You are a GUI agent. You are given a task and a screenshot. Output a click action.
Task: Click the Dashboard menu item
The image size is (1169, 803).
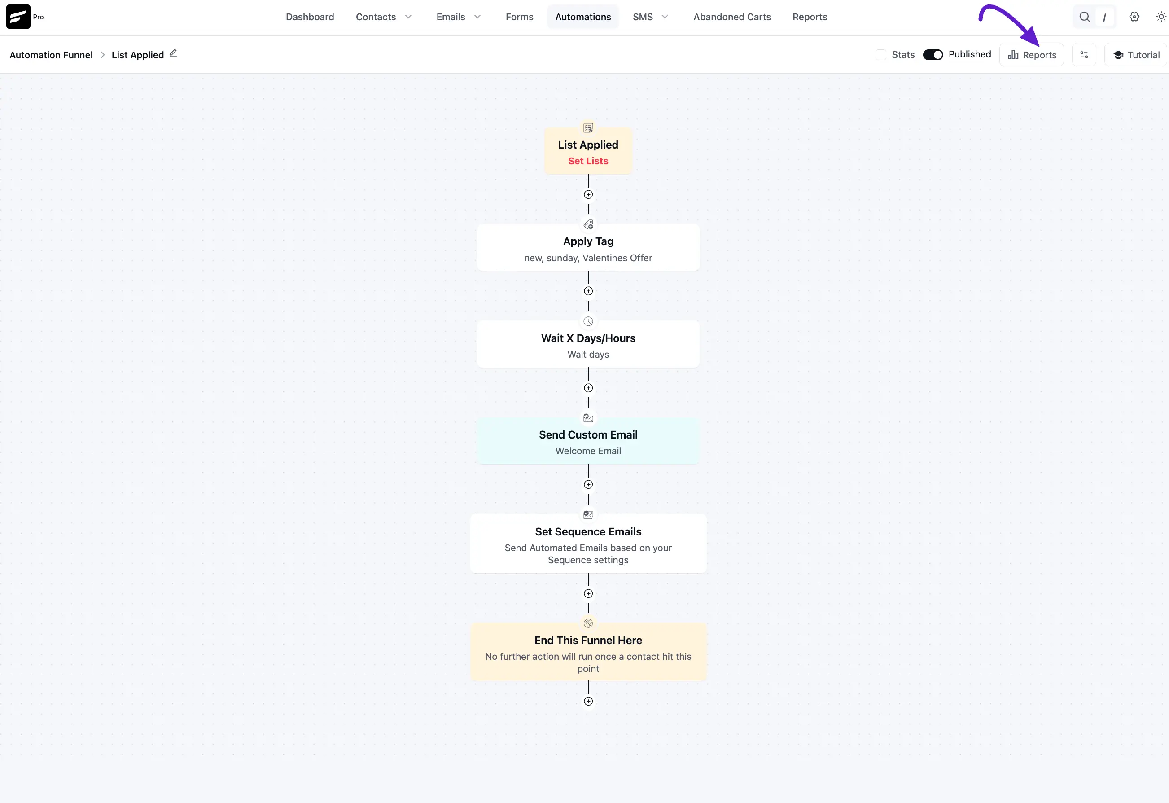point(310,17)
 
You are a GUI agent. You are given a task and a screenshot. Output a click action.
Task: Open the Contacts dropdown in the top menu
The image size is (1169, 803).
point(384,17)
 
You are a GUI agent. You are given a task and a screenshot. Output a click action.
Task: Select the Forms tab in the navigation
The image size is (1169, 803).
point(519,17)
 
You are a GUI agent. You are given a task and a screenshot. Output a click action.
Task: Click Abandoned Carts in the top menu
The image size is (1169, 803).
point(732,17)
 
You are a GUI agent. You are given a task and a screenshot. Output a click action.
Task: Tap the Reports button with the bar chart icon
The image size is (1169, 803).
point(1032,55)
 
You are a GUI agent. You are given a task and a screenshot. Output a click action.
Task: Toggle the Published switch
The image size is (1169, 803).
point(933,55)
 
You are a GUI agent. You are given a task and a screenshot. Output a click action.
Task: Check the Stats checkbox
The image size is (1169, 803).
point(880,55)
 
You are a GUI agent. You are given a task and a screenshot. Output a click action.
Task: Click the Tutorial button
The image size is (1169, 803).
point(1136,55)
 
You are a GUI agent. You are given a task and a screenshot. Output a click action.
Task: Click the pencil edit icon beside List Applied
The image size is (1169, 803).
point(174,53)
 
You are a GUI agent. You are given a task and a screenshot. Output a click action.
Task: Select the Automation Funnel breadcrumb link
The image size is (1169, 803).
point(51,55)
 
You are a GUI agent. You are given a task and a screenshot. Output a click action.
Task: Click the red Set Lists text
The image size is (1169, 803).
point(588,161)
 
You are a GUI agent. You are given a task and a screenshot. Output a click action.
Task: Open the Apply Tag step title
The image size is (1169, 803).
point(588,241)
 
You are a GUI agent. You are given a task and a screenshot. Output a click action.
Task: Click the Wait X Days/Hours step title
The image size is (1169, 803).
point(588,338)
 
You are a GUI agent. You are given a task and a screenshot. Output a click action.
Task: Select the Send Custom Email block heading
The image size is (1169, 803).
point(588,434)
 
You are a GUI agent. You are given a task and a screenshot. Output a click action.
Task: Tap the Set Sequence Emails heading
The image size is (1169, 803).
point(588,532)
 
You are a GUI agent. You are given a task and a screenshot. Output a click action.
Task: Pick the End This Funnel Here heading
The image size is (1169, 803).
point(588,641)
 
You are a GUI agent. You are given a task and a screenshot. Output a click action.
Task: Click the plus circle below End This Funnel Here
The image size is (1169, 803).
point(588,702)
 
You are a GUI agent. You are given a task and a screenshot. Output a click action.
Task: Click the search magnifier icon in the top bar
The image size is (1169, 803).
point(1085,17)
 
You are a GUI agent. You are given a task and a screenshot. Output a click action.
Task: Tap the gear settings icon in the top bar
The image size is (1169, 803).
point(1134,17)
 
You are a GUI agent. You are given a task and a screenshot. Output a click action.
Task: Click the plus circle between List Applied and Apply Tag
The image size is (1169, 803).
point(588,195)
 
